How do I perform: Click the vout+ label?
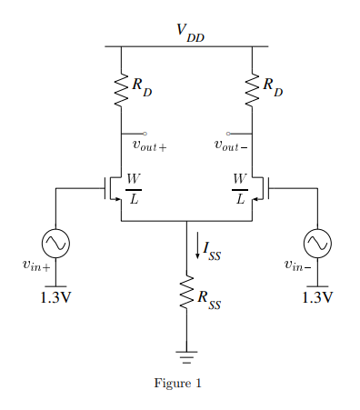[x=150, y=145]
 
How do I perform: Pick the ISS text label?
[x=213, y=247]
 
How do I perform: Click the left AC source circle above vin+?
[x=56, y=242]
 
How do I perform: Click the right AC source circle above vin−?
[x=317, y=242]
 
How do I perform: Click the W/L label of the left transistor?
[x=133, y=189]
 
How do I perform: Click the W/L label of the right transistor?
[x=240, y=189]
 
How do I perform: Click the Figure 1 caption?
[x=178, y=383]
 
